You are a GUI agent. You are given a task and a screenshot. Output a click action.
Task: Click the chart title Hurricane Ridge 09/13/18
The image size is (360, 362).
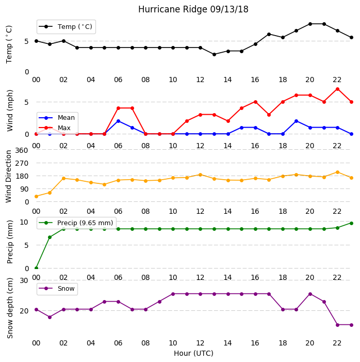[193, 9]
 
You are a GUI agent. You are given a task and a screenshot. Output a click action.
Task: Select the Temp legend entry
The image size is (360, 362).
[66, 27]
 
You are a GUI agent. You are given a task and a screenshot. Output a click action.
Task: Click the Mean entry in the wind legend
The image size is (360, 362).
[57, 118]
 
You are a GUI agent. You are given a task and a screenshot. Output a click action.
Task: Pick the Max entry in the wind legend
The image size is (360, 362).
[55, 128]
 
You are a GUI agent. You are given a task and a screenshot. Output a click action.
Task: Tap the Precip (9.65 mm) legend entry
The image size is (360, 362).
[76, 223]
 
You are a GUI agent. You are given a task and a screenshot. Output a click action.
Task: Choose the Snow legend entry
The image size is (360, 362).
[57, 289]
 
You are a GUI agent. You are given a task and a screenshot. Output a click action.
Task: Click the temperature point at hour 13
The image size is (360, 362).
[214, 55]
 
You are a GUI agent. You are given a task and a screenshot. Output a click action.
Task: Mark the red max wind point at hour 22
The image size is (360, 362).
[338, 89]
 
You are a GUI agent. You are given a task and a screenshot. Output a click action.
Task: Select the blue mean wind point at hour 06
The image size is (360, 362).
[118, 121]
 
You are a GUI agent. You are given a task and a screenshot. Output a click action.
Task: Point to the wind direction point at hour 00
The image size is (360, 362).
[36, 196]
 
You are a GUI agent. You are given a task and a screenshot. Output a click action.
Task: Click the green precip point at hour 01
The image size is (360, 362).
[50, 238]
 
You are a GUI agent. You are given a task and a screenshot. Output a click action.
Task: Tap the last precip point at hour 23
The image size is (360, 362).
[351, 223]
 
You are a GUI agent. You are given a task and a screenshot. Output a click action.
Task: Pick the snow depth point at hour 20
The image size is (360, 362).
[310, 294]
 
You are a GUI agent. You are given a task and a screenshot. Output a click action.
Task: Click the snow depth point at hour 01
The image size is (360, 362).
[50, 317]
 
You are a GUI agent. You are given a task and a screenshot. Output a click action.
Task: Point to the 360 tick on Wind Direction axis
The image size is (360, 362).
[22, 150]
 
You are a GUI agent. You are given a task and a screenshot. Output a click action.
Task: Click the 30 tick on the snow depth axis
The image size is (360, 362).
[24, 281]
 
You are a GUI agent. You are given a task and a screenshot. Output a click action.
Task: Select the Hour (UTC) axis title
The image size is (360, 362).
[193, 353]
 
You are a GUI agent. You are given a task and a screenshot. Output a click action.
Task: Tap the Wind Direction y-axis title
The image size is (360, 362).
[9, 177]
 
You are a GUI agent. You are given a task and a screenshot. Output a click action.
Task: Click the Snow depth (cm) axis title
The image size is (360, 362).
[10, 308]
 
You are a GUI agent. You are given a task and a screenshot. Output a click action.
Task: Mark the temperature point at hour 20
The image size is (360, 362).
[310, 24]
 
